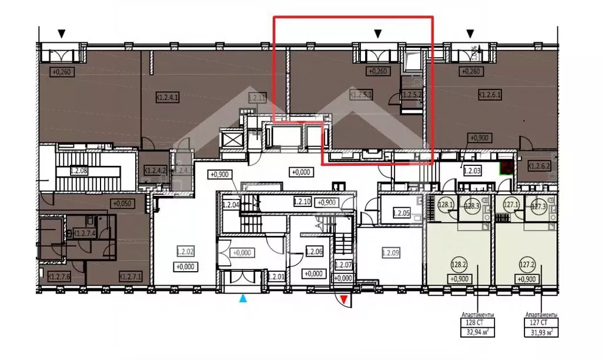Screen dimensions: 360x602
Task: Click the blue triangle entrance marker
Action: point(243,299)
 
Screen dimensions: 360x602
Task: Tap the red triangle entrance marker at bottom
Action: point(345,301)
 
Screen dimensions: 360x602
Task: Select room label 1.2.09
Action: point(391,253)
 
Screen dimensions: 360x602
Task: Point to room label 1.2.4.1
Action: point(168,98)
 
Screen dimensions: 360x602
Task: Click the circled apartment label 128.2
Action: point(459,265)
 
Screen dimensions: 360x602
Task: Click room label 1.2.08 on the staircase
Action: point(78,171)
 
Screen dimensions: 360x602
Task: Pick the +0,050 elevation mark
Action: point(122,204)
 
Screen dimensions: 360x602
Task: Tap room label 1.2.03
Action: point(473,171)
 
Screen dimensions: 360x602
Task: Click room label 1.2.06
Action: point(315,253)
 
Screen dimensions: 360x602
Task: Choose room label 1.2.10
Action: point(302,202)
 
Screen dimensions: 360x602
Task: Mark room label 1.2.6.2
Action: point(539,166)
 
